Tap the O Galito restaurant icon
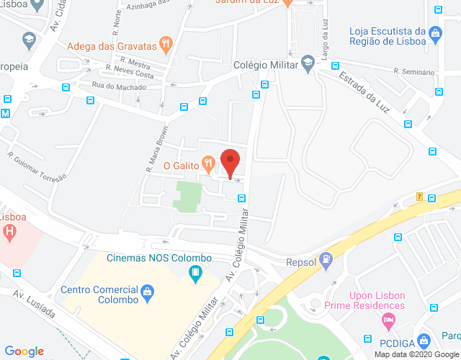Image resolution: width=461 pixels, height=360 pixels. click(x=207, y=163)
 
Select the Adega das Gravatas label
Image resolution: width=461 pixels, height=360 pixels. click(x=112, y=47)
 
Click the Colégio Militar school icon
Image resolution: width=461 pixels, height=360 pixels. click(x=308, y=64)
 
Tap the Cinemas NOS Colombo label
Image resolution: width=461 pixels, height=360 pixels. click(x=159, y=258)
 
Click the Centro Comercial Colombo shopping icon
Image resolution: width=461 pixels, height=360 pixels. click(x=148, y=292)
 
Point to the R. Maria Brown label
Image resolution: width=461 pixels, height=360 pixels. click(x=157, y=150)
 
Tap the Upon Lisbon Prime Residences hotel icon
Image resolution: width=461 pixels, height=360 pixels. click(x=389, y=319)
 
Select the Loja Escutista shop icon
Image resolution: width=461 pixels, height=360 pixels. click(x=434, y=32)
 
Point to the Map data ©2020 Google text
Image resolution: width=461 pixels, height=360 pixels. click(x=416, y=354)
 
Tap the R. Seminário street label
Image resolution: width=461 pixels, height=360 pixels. click(x=414, y=71)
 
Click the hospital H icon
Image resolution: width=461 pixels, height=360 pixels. click(x=10, y=232)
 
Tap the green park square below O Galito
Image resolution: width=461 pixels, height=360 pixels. click(x=187, y=196)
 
